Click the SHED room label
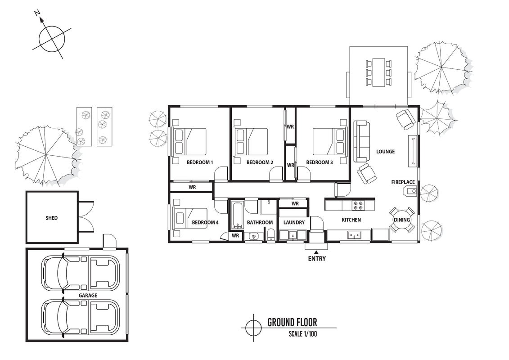52,218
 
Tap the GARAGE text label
88,295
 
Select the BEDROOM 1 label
200,162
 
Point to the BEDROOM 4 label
205,222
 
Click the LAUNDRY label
294,222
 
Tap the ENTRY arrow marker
316,252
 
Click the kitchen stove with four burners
358,205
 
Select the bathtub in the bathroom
238,215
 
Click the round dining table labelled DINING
402,220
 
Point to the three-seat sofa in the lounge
362,142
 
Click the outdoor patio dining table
379,72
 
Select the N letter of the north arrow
37,13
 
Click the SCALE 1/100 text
303,333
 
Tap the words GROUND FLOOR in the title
292,322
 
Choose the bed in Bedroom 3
329,142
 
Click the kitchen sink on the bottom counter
354,235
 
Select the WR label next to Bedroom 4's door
235,236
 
